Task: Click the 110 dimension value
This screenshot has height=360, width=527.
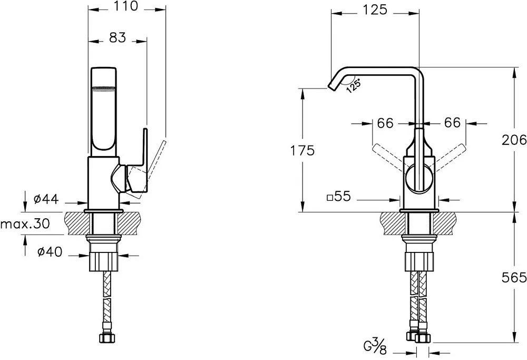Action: coord(126,6)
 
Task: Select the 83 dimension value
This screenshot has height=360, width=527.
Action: coord(118,37)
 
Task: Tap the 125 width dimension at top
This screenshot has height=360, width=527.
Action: coord(375,9)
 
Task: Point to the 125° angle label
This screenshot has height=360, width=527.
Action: coord(353,85)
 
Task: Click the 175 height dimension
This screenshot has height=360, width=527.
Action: coord(302,150)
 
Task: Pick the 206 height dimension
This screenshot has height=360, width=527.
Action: coord(514,140)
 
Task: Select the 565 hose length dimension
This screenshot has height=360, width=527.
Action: coord(514,278)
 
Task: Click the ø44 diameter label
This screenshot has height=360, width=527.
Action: coord(46,199)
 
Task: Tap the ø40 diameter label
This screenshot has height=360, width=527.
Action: coord(50,251)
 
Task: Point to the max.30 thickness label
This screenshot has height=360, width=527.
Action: coord(25,223)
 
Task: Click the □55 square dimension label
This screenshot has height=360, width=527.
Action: coord(339,196)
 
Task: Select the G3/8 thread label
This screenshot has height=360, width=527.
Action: coord(375,346)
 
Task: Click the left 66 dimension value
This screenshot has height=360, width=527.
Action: coord(385,123)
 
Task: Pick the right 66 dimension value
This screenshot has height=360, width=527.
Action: coord(452,122)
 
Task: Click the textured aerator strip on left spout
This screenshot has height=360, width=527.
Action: coord(104,89)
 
